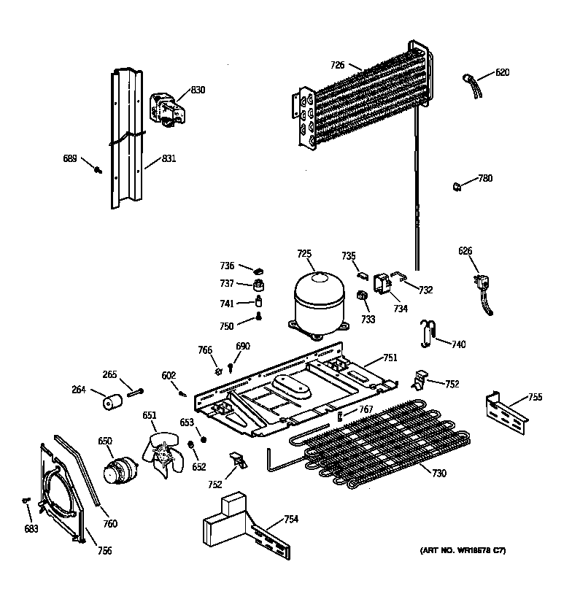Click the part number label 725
point(304,254)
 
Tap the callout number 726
point(337,65)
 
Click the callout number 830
point(198,90)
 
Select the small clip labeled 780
point(455,186)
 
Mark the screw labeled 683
point(26,500)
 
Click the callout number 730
point(438,474)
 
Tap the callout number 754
point(291,519)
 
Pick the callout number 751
point(390,358)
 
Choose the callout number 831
point(169,158)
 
